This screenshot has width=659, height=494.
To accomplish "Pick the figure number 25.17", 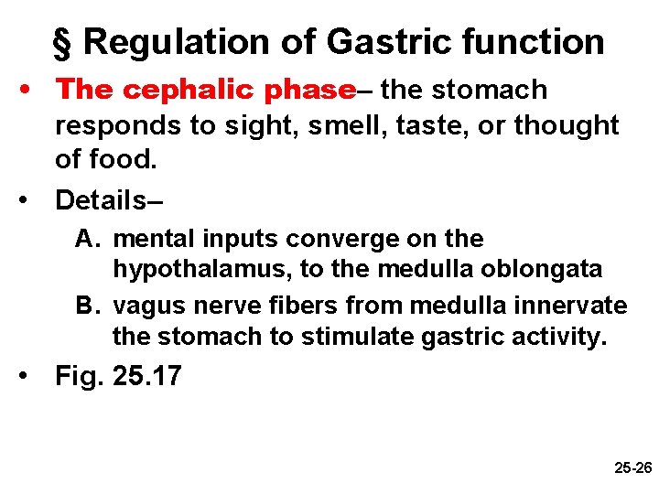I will click(146, 375).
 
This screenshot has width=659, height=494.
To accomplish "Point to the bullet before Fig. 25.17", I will click(30, 375).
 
